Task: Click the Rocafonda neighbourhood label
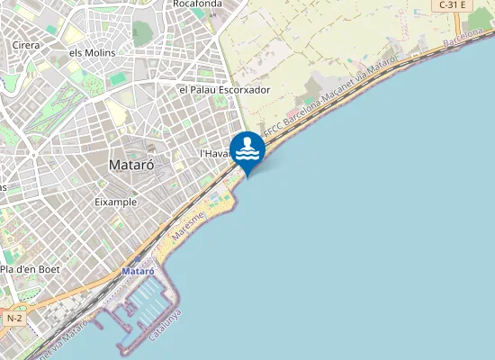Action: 197,4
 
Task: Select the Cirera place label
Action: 24,44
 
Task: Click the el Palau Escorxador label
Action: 225,90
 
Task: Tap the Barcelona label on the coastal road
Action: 464,37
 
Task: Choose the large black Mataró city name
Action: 130,166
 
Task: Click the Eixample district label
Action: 115,202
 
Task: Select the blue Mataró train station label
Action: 138,270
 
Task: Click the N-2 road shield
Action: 13,319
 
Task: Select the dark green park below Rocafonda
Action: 141,33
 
